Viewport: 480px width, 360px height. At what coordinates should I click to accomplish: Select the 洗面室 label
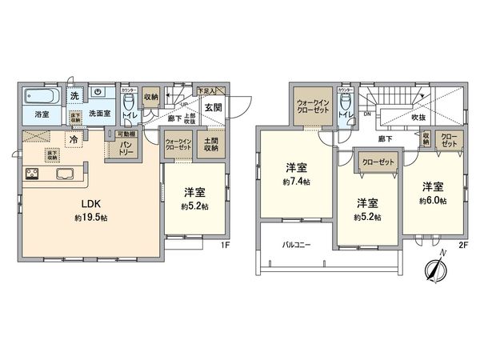[99, 114]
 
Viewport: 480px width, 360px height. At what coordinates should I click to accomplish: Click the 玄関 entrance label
[213, 108]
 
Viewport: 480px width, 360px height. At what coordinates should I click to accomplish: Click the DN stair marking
[366, 114]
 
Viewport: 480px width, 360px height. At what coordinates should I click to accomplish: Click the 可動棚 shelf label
[126, 134]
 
